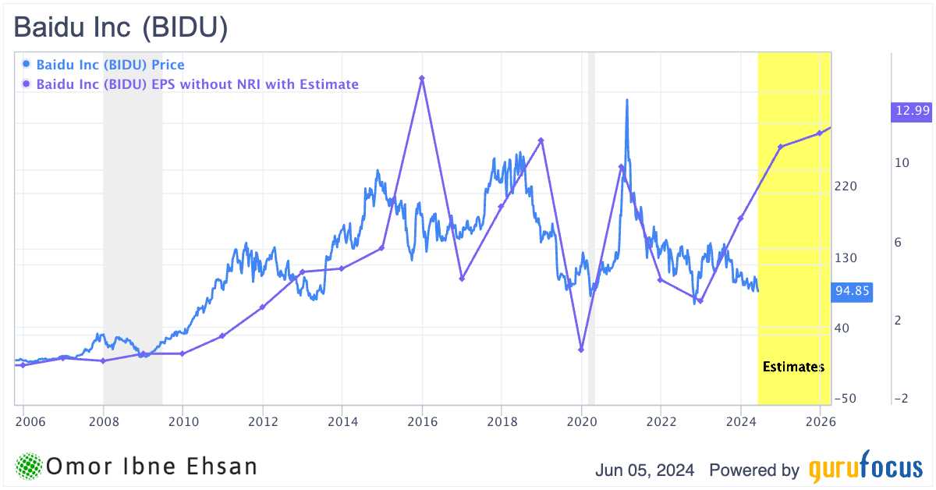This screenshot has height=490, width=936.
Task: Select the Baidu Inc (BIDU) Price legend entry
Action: (110, 65)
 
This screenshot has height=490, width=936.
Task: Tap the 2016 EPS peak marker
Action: (422, 78)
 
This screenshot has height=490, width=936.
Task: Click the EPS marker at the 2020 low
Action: (581, 350)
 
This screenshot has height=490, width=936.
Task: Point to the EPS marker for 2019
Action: (541, 140)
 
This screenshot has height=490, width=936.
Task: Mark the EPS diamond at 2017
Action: (462, 279)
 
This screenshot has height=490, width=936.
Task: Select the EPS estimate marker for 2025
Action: (780, 147)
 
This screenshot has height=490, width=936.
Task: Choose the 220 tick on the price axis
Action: (846, 186)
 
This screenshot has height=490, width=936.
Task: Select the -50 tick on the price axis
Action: (846, 399)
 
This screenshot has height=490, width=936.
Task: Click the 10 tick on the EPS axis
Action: (902, 163)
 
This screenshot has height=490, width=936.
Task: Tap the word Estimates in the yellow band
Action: (792, 366)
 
